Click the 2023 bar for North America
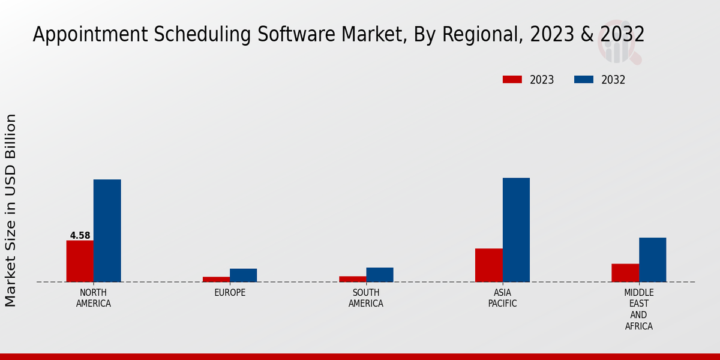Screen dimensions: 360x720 point(80,261)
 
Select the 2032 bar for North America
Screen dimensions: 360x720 point(107,230)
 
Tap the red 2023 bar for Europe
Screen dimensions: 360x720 point(216,279)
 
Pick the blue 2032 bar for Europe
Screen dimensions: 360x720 point(243,275)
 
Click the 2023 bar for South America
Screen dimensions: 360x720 point(352,279)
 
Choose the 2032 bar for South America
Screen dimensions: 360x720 point(380,274)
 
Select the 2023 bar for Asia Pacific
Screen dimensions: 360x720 point(489,265)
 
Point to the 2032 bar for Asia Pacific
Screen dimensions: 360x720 point(516,230)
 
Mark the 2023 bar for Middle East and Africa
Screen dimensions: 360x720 point(625,272)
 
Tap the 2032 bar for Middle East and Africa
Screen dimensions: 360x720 point(652,259)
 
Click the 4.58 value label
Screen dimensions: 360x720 point(80,235)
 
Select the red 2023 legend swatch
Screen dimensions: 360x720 point(512,80)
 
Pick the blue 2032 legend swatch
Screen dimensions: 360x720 point(584,80)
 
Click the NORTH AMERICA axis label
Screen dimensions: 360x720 point(94,298)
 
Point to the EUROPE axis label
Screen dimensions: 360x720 point(230,293)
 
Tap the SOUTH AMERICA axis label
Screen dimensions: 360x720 point(366,298)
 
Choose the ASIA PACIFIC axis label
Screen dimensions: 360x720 point(503,298)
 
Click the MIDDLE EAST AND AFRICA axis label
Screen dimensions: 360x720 point(638,309)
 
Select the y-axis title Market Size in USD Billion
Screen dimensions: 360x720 point(11,210)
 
